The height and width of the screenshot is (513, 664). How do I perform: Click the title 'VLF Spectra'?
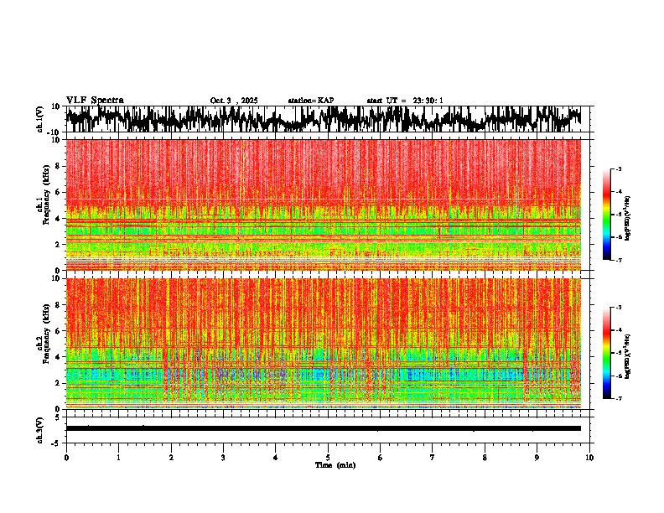(95, 101)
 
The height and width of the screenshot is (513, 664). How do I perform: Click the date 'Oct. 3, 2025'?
(234, 101)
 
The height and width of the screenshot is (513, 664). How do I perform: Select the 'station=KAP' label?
(310, 101)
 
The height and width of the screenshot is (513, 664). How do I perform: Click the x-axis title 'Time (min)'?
(335, 464)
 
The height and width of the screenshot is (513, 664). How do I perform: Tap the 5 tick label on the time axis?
(328, 457)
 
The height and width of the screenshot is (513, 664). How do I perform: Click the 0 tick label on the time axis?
(66, 457)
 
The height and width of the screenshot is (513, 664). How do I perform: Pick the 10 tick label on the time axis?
(590, 457)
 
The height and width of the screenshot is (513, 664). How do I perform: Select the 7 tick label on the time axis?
(433, 457)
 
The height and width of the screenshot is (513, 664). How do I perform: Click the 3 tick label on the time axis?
(223, 457)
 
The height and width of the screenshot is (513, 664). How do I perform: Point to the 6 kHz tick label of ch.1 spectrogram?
(57, 192)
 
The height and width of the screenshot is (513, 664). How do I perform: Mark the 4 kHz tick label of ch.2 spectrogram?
(57, 357)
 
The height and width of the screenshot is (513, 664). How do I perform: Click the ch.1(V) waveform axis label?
(39, 119)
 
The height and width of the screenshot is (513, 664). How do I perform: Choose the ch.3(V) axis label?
(39, 428)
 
